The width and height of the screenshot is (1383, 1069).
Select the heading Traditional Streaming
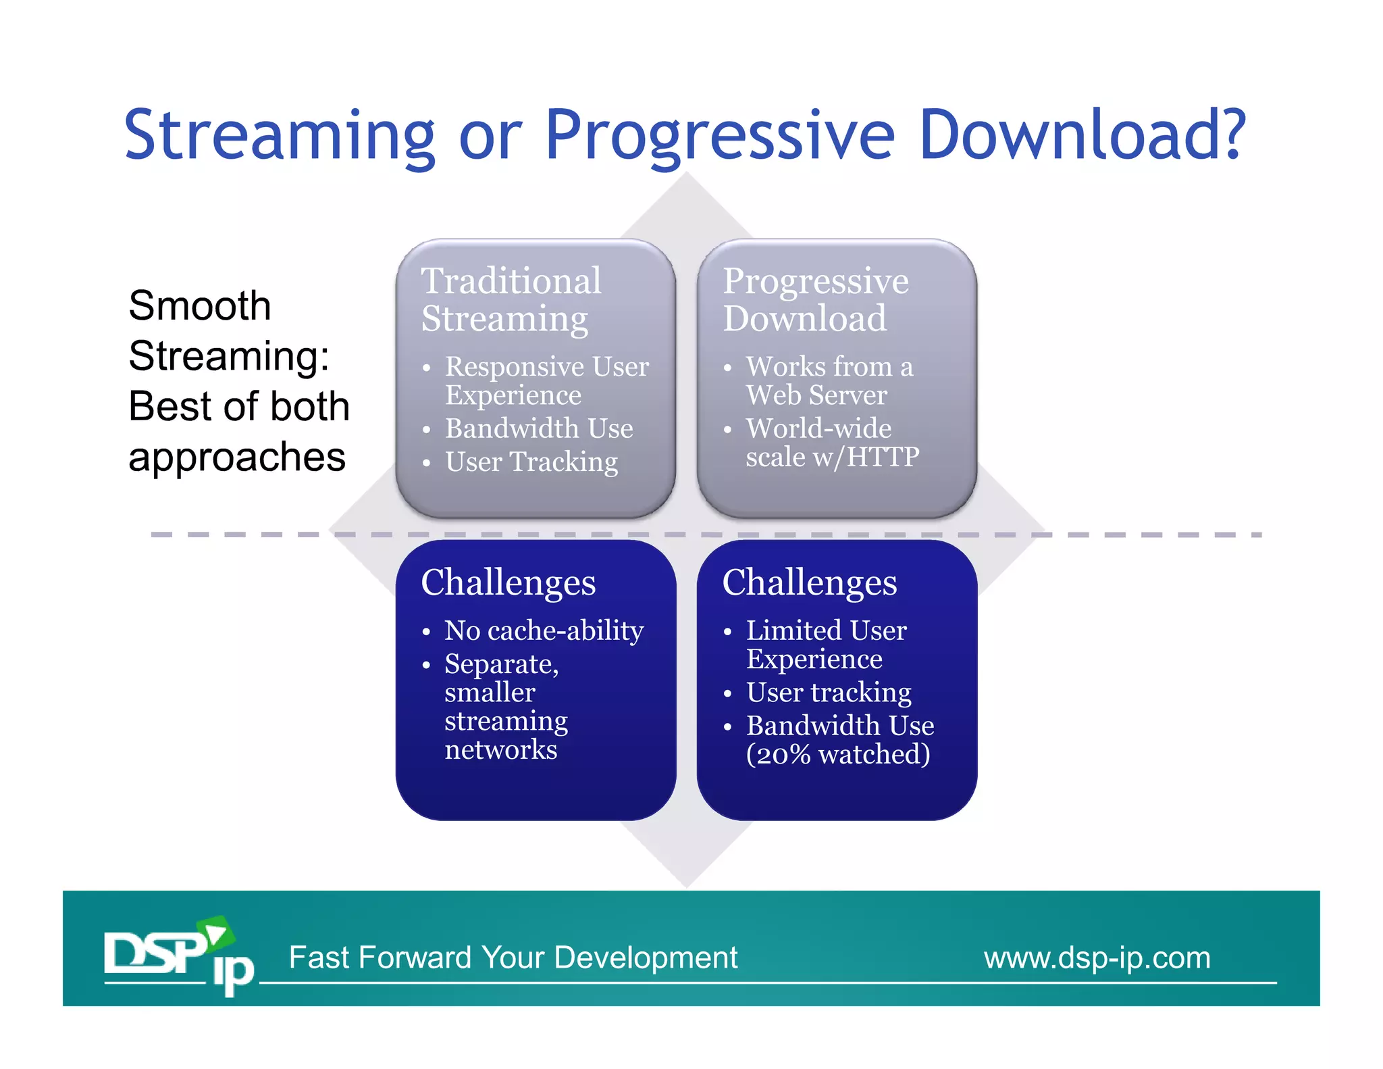(511, 299)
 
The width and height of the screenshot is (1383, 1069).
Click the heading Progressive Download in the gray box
(815, 299)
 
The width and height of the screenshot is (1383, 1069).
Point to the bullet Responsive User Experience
(546, 380)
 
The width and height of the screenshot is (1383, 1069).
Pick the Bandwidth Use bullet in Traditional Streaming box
(539, 428)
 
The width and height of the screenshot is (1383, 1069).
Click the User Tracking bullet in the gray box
(531, 462)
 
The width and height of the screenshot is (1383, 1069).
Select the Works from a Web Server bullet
(829, 380)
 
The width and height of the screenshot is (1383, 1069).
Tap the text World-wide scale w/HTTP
(832, 443)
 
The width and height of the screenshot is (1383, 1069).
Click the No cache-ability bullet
(544, 630)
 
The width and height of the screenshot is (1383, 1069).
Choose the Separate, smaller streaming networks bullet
(506, 706)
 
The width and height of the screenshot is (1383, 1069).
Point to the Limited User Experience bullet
(825, 644)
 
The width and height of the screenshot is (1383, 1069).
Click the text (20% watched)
(837, 754)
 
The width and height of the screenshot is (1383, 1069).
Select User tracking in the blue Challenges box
(829, 692)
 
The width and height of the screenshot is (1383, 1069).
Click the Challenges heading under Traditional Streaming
(508, 582)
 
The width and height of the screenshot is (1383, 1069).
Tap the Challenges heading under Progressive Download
(809, 582)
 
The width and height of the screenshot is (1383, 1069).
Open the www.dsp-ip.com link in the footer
(1097, 958)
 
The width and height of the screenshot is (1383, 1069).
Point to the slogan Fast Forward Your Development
(513, 958)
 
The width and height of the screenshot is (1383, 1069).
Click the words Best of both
(239, 406)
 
